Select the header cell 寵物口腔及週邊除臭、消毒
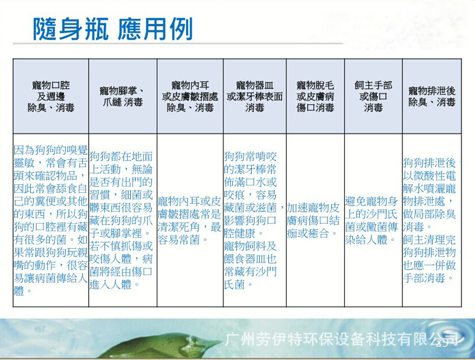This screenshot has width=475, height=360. pos(51,96)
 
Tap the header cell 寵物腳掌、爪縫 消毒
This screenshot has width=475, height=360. pos(123,96)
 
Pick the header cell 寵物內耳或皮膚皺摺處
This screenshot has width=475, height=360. pos(190,96)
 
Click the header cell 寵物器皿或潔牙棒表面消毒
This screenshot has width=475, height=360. pos(255,96)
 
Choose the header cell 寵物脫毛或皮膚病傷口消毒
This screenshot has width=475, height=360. pos(315,96)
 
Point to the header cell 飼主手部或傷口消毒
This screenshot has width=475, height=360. pos(373,96)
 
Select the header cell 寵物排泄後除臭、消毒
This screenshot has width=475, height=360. pos(432,96)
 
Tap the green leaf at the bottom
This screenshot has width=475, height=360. pos(157,344)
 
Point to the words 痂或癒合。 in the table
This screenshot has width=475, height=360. pos(312,234)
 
